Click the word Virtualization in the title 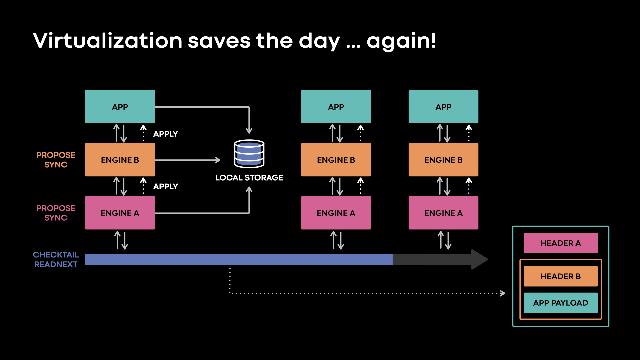(107, 41)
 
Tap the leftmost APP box (120, 107)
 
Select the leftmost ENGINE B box (120, 160)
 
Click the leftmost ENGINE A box (120, 213)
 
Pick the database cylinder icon (249, 154)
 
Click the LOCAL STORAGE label (249, 178)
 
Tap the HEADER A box (560, 243)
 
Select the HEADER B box (560, 276)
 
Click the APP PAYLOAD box (560, 303)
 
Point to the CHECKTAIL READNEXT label (56, 259)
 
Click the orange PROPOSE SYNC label (56, 160)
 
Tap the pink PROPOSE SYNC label (56, 213)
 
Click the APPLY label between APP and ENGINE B (165, 134)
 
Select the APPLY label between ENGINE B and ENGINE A (165, 186)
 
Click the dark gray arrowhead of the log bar (479, 259)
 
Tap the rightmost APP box (443, 107)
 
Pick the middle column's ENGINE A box (336, 213)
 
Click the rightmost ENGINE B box (443, 160)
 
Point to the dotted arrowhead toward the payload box (503, 293)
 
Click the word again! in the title (401, 41)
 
